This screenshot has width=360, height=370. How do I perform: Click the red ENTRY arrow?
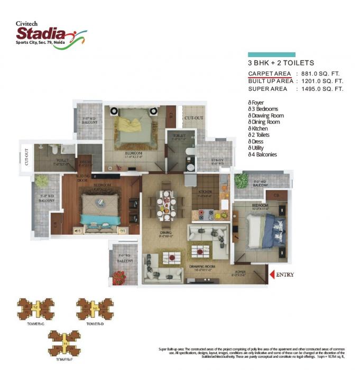point(272,274)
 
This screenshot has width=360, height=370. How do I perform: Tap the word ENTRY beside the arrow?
point(285,274)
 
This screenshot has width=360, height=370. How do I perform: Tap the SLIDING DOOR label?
point(82,177)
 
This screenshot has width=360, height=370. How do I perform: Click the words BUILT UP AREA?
point(271,81)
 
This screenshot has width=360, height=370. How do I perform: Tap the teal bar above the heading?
point(271,54)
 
